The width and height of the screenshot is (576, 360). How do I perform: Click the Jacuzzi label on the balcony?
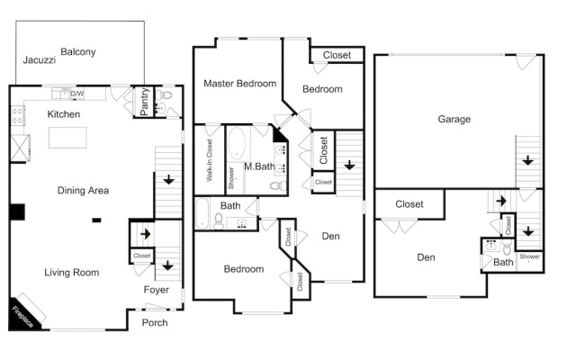click(40, 60)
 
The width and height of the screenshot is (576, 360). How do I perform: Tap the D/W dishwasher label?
click(77, 94)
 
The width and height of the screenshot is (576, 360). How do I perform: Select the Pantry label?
click(144, 102)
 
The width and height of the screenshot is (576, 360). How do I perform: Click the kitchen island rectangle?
click(67, 138)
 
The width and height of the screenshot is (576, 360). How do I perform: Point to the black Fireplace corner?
click(20, 316)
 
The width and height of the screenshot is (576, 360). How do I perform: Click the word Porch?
click(155, 322)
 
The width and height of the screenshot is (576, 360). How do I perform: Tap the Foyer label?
click(156, 290)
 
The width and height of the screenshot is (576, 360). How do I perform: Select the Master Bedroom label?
click(240, 84)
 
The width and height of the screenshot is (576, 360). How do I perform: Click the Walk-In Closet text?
click(210, 160)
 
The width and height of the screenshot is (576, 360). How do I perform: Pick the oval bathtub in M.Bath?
click(236, 144)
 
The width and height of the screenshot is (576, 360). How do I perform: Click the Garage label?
click(454, 119)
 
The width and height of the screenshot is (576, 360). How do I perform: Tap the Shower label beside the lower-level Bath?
click(529, 256)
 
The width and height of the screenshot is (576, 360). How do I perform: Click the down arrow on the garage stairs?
click(528, 160)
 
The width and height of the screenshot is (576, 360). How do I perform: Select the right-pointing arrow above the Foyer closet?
click(146, 234)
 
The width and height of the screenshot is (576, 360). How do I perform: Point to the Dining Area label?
click(83, 190)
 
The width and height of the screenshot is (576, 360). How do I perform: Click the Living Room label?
click(72, 273)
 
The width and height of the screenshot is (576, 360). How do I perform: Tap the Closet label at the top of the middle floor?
click(337, 55)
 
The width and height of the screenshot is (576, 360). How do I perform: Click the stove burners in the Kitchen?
click(17, 115)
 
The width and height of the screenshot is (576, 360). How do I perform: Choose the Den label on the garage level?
click(426, 257)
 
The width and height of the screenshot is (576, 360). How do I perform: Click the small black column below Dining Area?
click(96, 220)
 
